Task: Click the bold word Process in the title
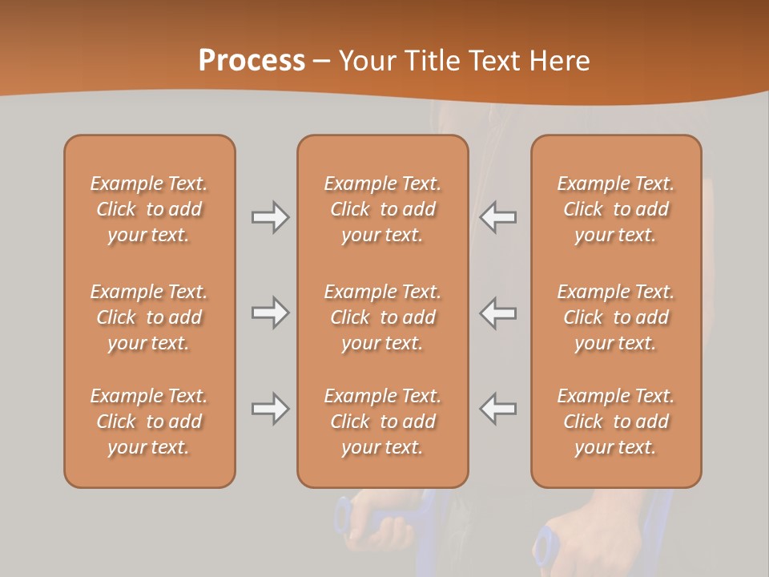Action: click(x=252, y=61)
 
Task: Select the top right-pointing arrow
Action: click(x=270, y=217)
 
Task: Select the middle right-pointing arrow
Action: click(x=270, y=313)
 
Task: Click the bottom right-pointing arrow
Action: click(x=270, y=409)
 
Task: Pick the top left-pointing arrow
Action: click(x=498, y=217)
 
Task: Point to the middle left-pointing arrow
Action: click(x=498, y=313)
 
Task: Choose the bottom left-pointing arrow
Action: click(x=498, y=409)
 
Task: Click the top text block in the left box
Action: click(x=149, y=209)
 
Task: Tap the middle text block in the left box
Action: click(x=149, y=317)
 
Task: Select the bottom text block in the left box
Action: click(x=149, y=422)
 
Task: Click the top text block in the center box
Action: click(x=382, y=209)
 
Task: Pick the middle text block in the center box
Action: click(x=382, y=317)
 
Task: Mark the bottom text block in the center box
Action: click(x=382, y=422)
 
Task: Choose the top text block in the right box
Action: click(x=616, y=209)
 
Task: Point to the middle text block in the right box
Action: click(x=616, y=317)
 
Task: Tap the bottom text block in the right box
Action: click(x=616, y=422)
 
